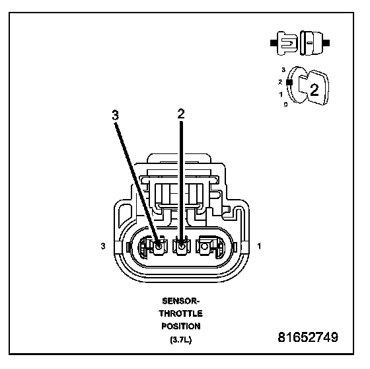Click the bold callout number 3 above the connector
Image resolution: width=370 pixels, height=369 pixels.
(x=116, y=116)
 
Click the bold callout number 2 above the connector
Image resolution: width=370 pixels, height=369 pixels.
(x=181, y=114)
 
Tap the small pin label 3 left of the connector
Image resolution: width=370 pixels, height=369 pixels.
(x=103, y=246)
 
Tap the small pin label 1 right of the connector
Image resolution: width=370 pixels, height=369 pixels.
(x=259, y=246)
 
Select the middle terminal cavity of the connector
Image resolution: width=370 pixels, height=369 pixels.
(x=182, y=247)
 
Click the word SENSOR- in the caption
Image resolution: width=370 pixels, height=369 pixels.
(x=181, y=301)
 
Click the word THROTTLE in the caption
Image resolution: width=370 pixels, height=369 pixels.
(x=181, y=313)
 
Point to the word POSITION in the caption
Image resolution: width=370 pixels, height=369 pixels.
(x=181, y=327)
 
